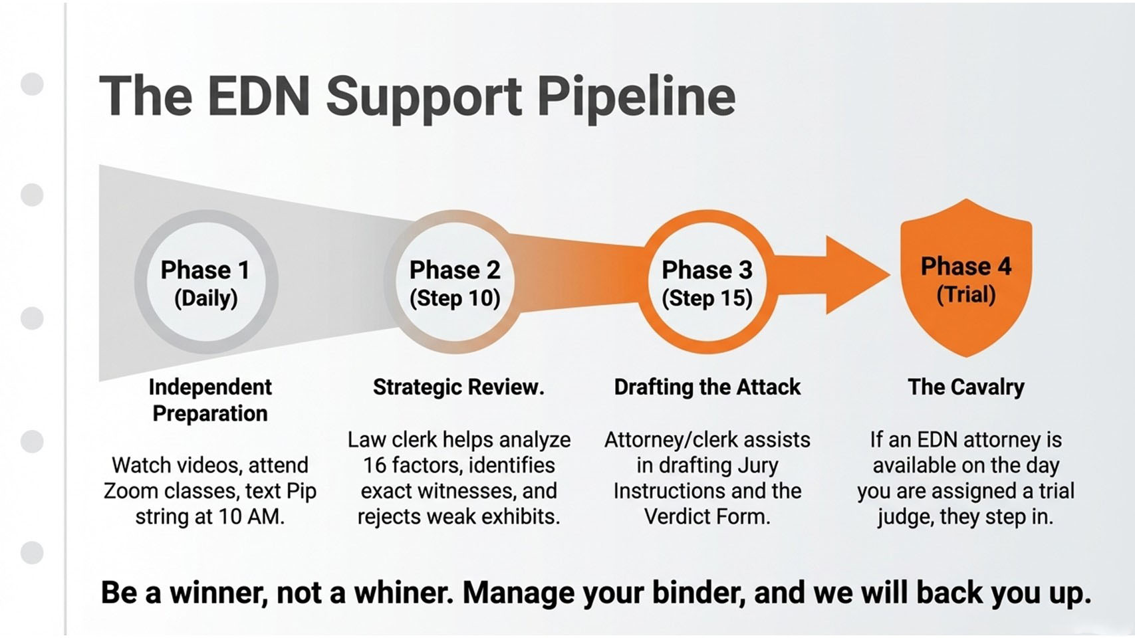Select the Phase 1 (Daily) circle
click(x=206, y=282)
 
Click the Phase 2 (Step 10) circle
click(x=455, y=282)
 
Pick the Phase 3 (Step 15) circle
click(x=707, y=282)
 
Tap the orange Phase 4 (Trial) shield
click(x=965, y=279)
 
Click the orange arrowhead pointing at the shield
click(x=855, y=274)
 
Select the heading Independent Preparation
click(x=210, y=399)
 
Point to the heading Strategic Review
click(x=458, y=387)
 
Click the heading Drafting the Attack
click(x=707, y=387)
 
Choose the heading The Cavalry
click(x=965, y=387)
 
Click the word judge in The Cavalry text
click(x=905, y=516)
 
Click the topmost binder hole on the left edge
click(x=32, y=84)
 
